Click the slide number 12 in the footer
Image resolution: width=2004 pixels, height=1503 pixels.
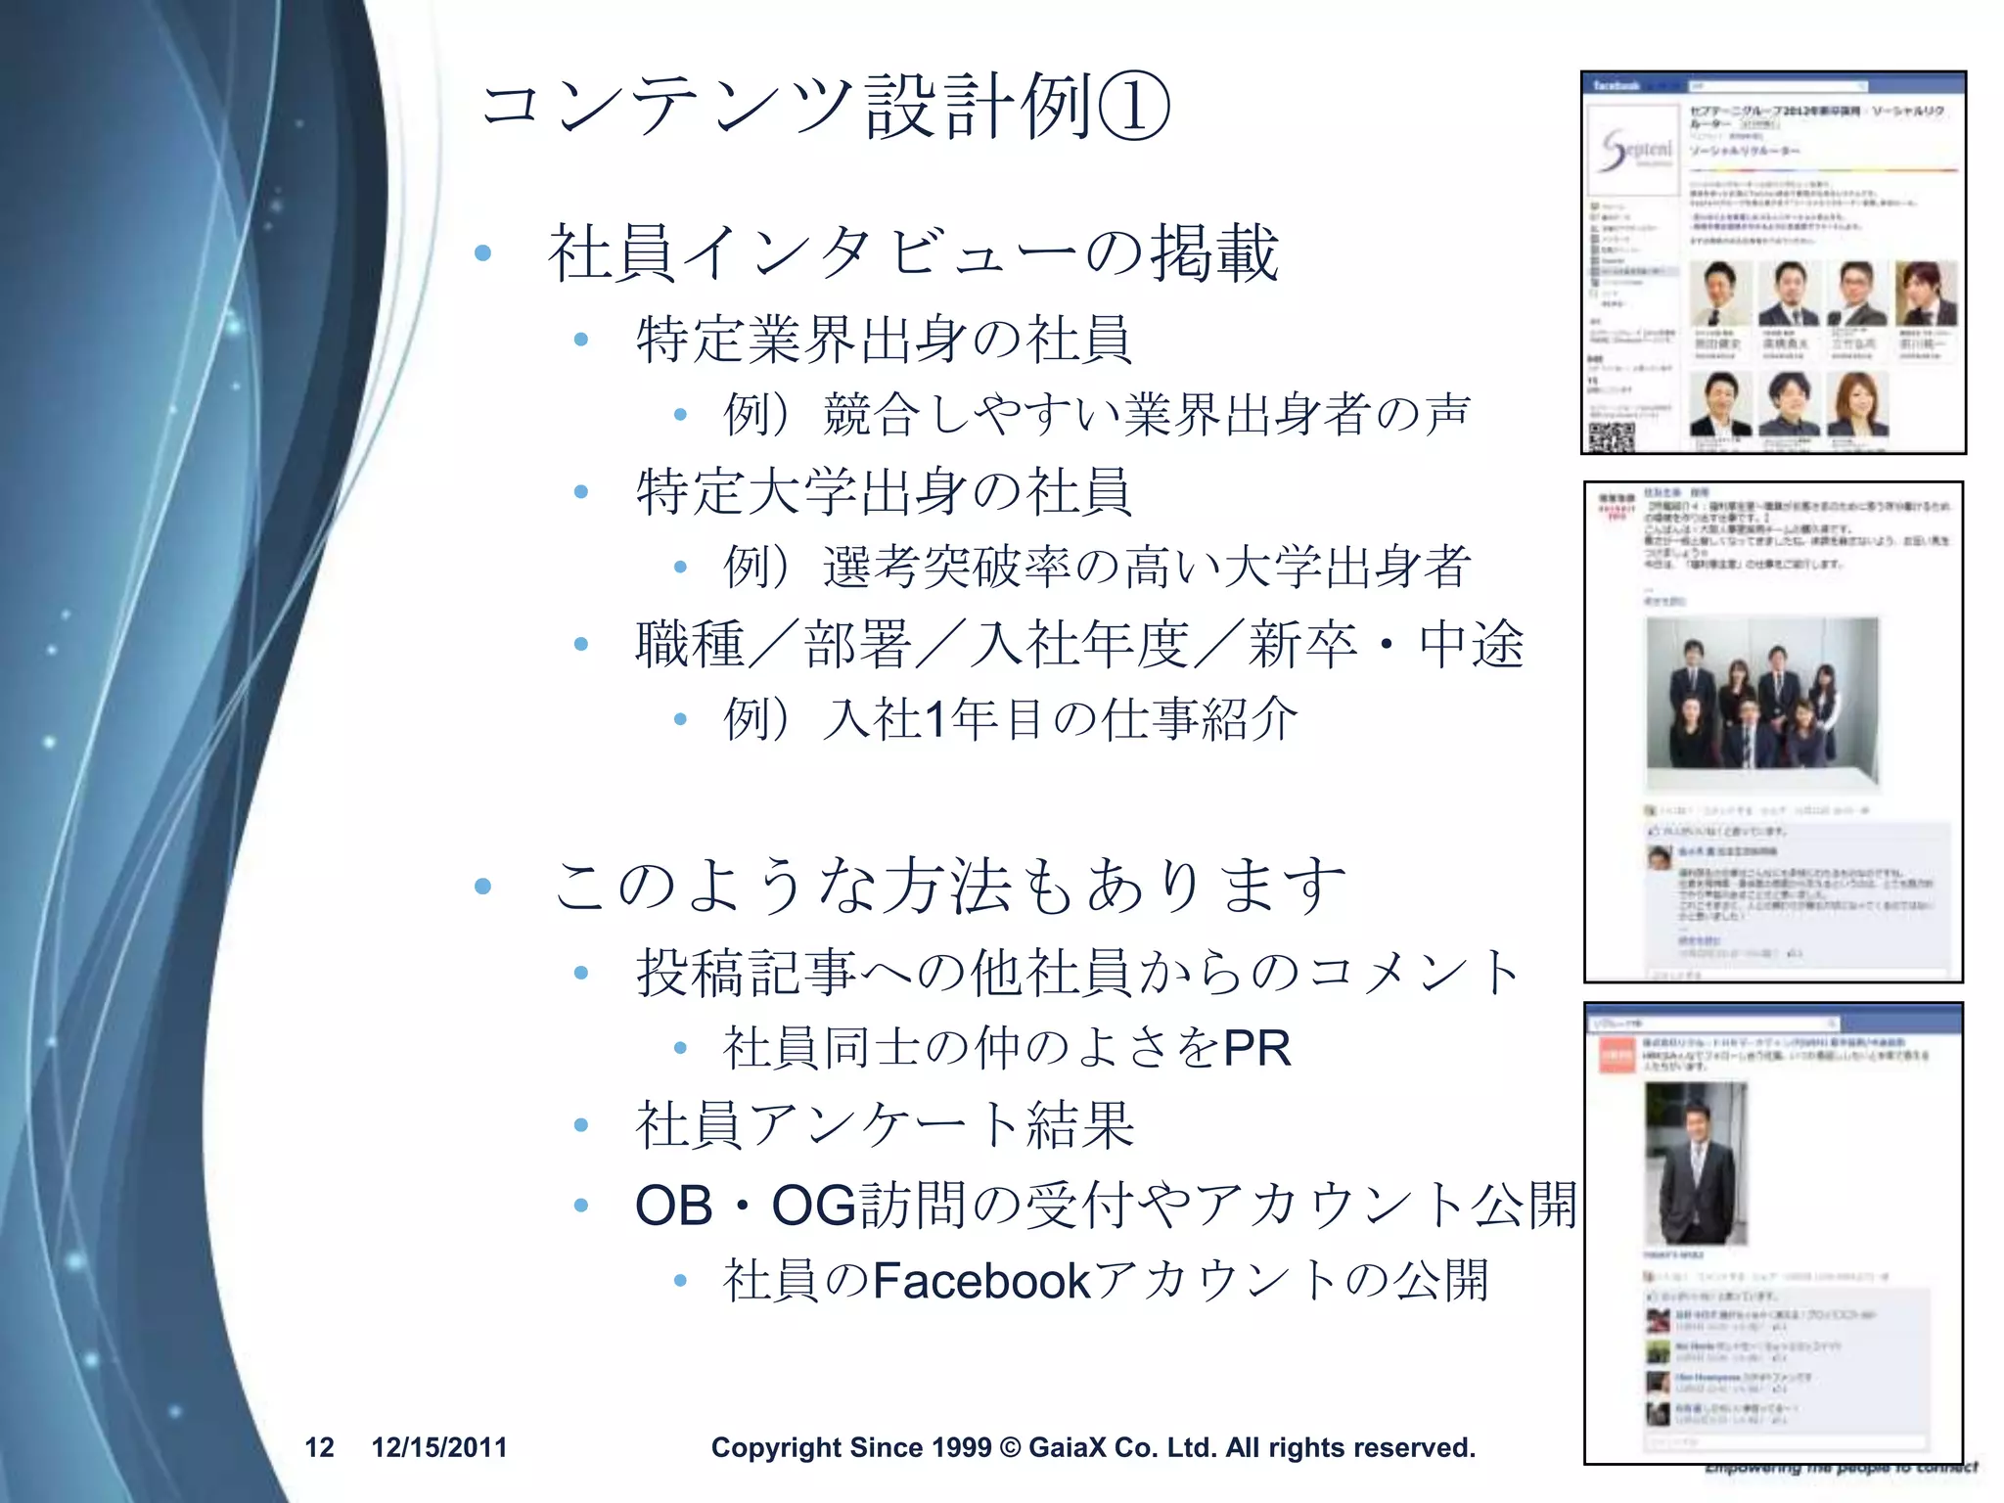(x=319, y=1447)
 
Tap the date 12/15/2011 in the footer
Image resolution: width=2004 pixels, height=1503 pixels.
(x=439, y=1447)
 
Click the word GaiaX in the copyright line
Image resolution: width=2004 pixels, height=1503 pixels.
(x=1067, y=1447)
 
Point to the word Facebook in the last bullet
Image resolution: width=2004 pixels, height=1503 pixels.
(x=981, y=1281)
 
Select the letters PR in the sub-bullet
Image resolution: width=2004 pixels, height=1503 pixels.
(x=1256, y=1049)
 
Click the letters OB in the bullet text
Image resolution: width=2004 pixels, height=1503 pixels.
(x=673, y=1205)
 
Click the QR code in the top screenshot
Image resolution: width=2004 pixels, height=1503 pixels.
(x=1611, y=436)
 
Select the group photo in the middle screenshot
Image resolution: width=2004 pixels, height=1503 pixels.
(x=1762, y=702)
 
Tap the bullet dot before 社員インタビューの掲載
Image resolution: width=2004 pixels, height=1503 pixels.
(x=482, y=253)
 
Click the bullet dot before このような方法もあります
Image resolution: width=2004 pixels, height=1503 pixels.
(x=482, y=887)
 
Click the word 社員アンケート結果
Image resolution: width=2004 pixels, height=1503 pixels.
(x=885, y=1125)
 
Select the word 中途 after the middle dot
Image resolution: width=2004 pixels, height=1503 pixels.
(x=1472, y=645)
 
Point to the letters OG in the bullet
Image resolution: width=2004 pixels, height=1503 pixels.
(x=814, y=1205)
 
